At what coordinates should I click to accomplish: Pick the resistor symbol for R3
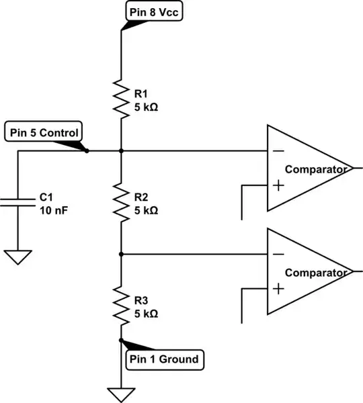tap(121, 306)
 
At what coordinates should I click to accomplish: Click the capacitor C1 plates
tap(18, 202)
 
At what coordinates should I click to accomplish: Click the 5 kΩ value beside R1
tap(147, 107)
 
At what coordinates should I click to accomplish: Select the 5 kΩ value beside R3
tap(147, 313)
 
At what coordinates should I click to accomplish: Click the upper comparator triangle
tap(306, 168)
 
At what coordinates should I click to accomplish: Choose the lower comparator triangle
tap(306, 271)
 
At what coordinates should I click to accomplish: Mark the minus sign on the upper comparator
tap(278, 151)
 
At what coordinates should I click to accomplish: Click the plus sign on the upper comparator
tap(278, 185)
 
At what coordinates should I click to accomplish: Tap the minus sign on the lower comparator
tap(278, 255)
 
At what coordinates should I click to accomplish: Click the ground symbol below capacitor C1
tap(18, 257)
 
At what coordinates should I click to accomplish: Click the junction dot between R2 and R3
tap(121, 255)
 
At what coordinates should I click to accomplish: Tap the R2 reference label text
tap(140, 197)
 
